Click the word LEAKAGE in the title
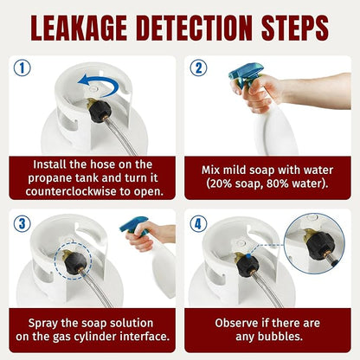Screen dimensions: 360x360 tap(79, 28)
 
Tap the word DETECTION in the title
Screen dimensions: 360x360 tap(194, 28)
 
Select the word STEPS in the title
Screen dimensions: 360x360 tap(295, 28)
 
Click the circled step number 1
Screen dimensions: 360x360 tap(22, 67)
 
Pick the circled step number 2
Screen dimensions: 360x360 tap(198, 67)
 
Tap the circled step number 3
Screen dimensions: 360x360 tap(22, 223)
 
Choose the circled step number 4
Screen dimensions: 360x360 tap(198, 223)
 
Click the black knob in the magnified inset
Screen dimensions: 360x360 tap(320, 246)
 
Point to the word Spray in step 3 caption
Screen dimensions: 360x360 tap(43, 323)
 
